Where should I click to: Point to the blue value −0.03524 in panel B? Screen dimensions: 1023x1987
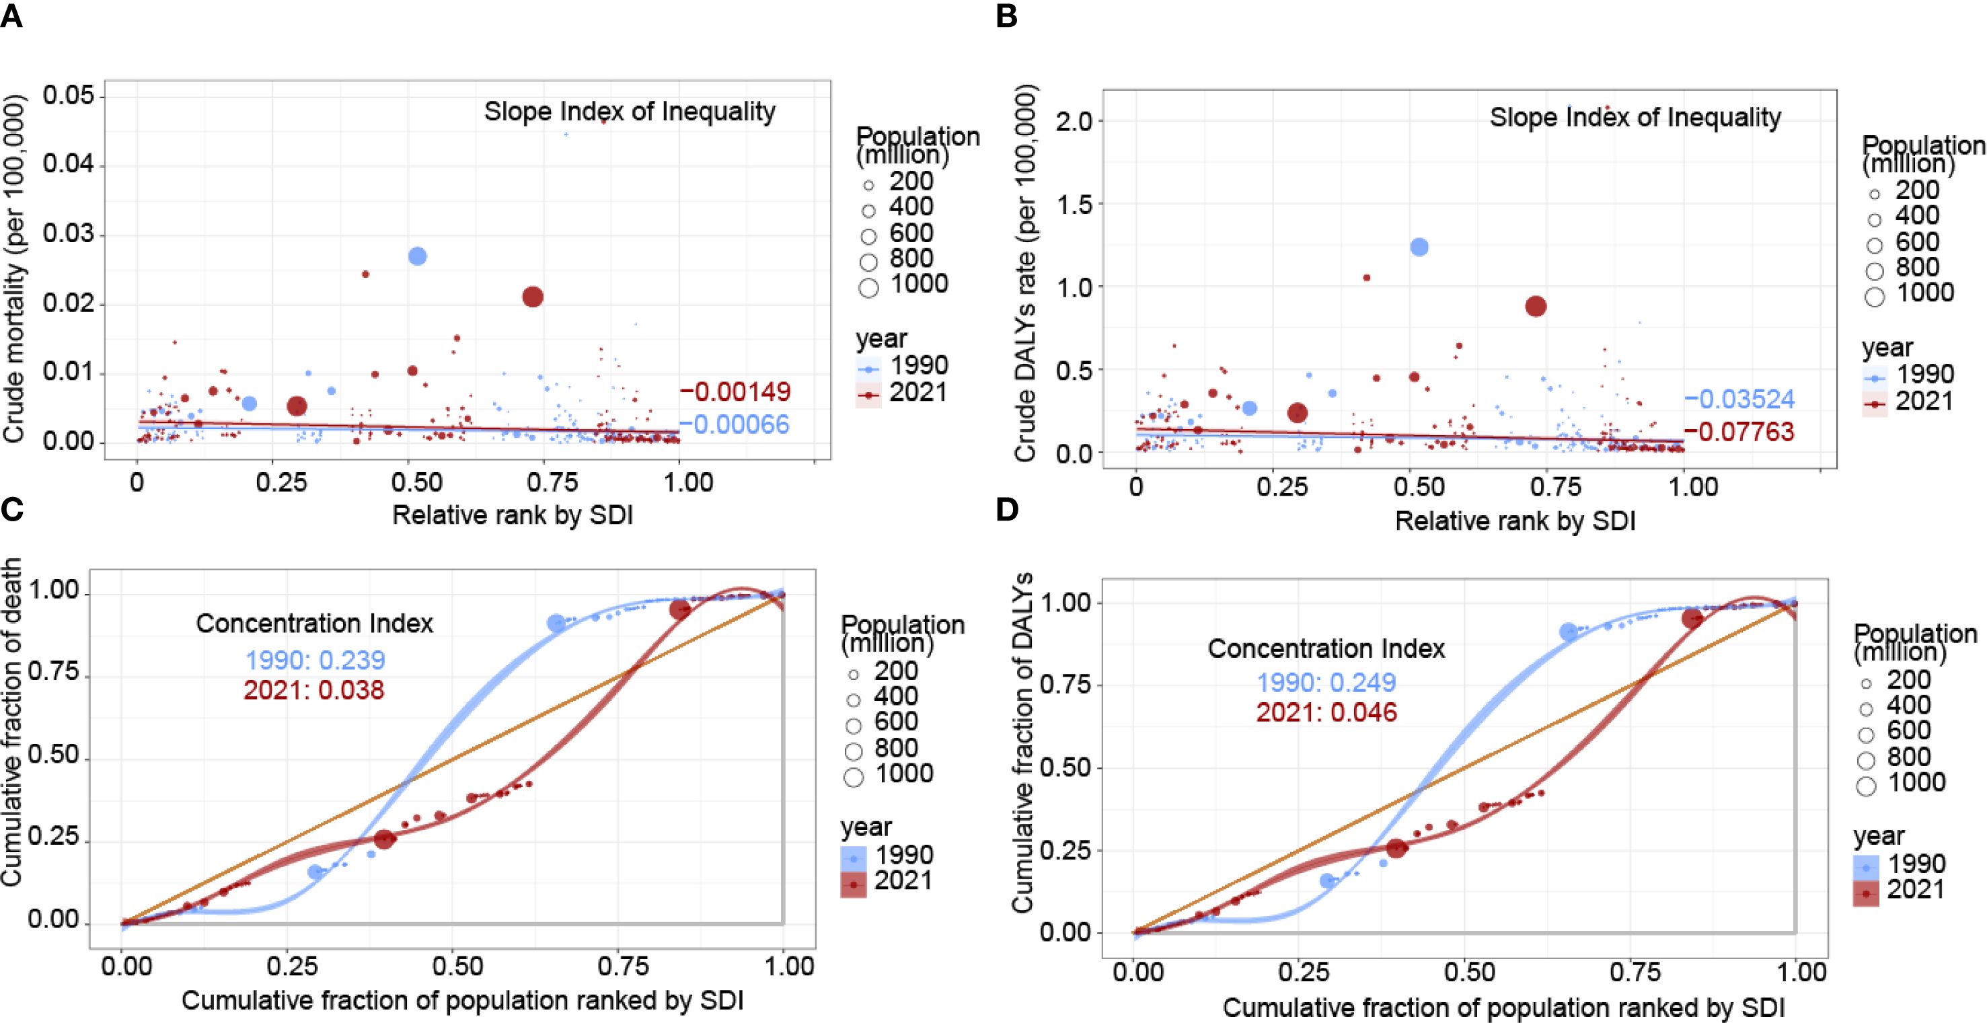coord(1740,399)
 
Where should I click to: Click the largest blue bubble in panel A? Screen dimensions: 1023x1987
coord(417,256)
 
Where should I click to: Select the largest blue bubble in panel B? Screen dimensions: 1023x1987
coord(1419,247)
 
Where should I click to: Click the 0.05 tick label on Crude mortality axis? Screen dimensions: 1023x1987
coord(69,96)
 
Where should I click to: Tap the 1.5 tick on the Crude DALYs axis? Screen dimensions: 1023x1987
coord(1074,204)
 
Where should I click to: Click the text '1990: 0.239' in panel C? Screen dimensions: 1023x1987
coord(315,660)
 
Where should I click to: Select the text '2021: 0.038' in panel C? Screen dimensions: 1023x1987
coord(314,689)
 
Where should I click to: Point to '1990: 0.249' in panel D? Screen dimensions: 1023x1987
coord(1326,683)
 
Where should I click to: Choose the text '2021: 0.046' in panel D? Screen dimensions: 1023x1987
coord(1326,712)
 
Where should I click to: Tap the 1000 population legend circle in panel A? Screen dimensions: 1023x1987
coord(868,288)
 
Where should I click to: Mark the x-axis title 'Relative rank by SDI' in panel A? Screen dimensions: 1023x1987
coord(512,515)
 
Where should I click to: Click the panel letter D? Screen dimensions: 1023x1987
coord(1006,510)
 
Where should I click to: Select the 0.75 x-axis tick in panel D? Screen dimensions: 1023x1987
coord(1630,971)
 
